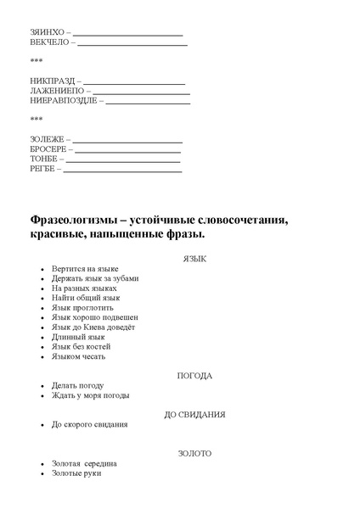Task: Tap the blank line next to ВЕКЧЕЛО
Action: click(x=132, y=42)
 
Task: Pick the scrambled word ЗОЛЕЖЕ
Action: click(x=46, y=138)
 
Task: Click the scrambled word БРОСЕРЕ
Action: click(x=48, y=148)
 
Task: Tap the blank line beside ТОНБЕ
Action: click(x=122, y=160)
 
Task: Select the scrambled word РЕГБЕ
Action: click(x=43, y=169)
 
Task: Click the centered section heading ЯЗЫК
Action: click(x=194, y=259)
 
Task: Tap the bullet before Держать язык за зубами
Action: click(x=42, y=279)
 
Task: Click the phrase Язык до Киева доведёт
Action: click(x=93, y=327)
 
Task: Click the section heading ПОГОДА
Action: click(x=194, y=375)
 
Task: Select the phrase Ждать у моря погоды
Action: click(x=90, y=395)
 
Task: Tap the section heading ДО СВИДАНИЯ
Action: click(x=194, y=414)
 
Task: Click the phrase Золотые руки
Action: click(x=76, y=473)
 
